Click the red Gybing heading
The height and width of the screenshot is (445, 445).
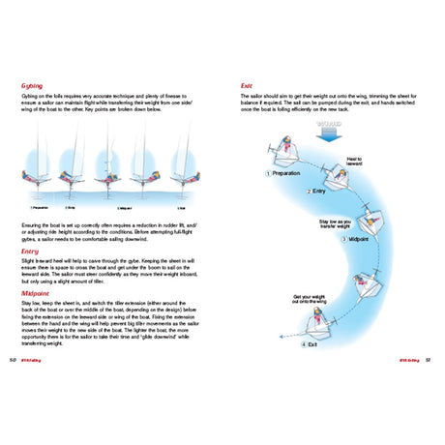[34, 85]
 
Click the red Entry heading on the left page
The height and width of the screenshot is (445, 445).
[31, 251]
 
